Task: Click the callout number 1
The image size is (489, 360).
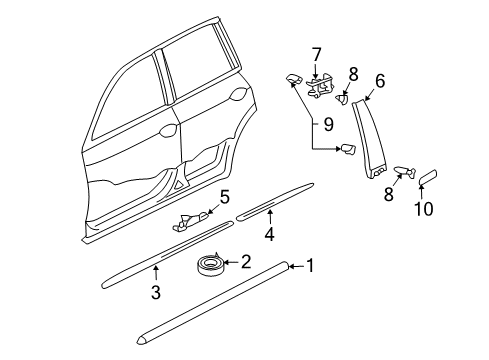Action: pyautogui.click(x=310, y=266)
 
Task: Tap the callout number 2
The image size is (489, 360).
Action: pyautogui.click(x=246, y=262)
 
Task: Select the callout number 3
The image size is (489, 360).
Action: pyautogui.click(x=156, y=292)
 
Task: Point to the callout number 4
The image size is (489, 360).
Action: pyautogui.click(x=270, y=234)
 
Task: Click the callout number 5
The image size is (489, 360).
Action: pyautogui.click(x=225, y=197)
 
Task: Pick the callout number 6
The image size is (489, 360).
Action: pyautogui.click(x=380, y=81)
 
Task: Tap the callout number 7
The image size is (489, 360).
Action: pyautogui.click(x=316, y=55)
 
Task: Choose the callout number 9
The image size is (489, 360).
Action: pyautogui.click(x=329, y=125)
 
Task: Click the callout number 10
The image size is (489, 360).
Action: pyautogui.click(x=424, y=209)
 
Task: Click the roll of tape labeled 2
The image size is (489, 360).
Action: pyautogui.click(x=209, y=265)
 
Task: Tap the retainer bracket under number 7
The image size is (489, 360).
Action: pyautogui.click(x=319, y=87)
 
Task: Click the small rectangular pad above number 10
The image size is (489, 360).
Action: pyautogui.click(x=428, y=177)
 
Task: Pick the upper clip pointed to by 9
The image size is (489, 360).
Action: pyautogui.click(x=294, y=79)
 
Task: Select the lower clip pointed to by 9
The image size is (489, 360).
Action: pyautogui.click(x=348, y=149)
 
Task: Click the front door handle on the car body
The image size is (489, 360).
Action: pyautogui.click(x=168, y=131)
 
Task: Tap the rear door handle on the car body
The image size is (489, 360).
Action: pyautogui.click(x=238, y=94)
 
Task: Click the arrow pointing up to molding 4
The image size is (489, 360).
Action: pyautogui.click(x=270, y=217)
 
